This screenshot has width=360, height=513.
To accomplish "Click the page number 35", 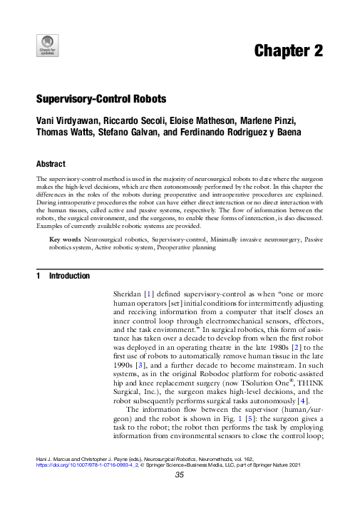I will click(x=180, y=499).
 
